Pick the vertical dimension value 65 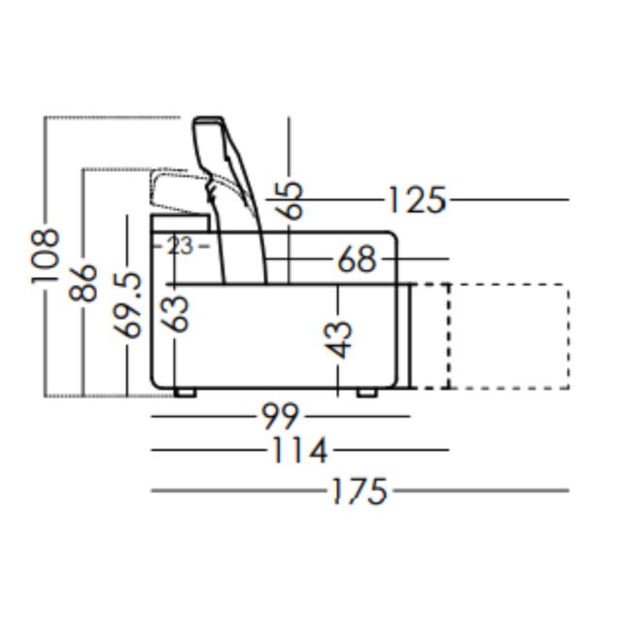(x=290, y=200)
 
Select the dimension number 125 (x=416, y=200)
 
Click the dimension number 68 (x=357, y=260)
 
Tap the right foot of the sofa (x=366, y=394)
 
